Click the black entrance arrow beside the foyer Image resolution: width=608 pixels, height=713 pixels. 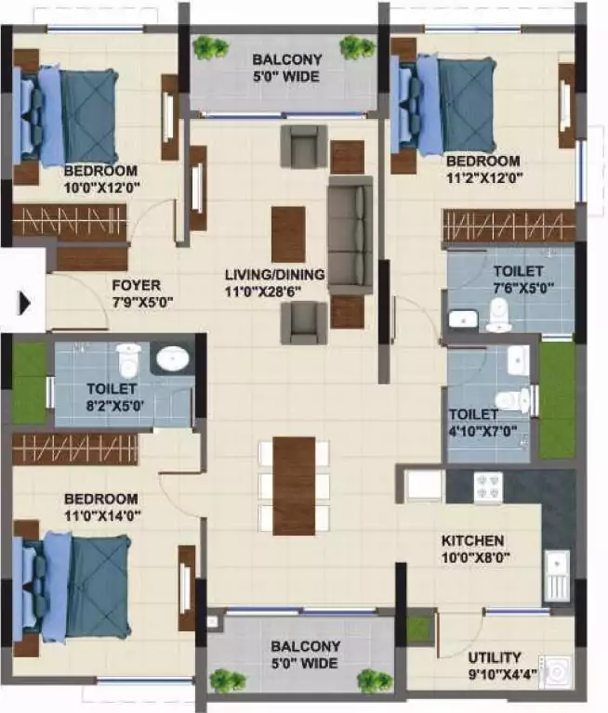25,303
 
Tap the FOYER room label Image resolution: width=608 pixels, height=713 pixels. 136,285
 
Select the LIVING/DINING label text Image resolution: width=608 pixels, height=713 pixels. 274,275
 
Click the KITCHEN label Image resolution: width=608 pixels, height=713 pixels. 472,540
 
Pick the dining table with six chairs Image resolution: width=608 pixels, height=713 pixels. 294,486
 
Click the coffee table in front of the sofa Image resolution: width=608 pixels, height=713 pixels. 288,234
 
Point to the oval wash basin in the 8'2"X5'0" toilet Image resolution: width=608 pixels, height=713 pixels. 171,358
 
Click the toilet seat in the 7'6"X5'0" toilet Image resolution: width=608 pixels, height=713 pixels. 499,318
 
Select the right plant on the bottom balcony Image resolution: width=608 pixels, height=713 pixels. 369,680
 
